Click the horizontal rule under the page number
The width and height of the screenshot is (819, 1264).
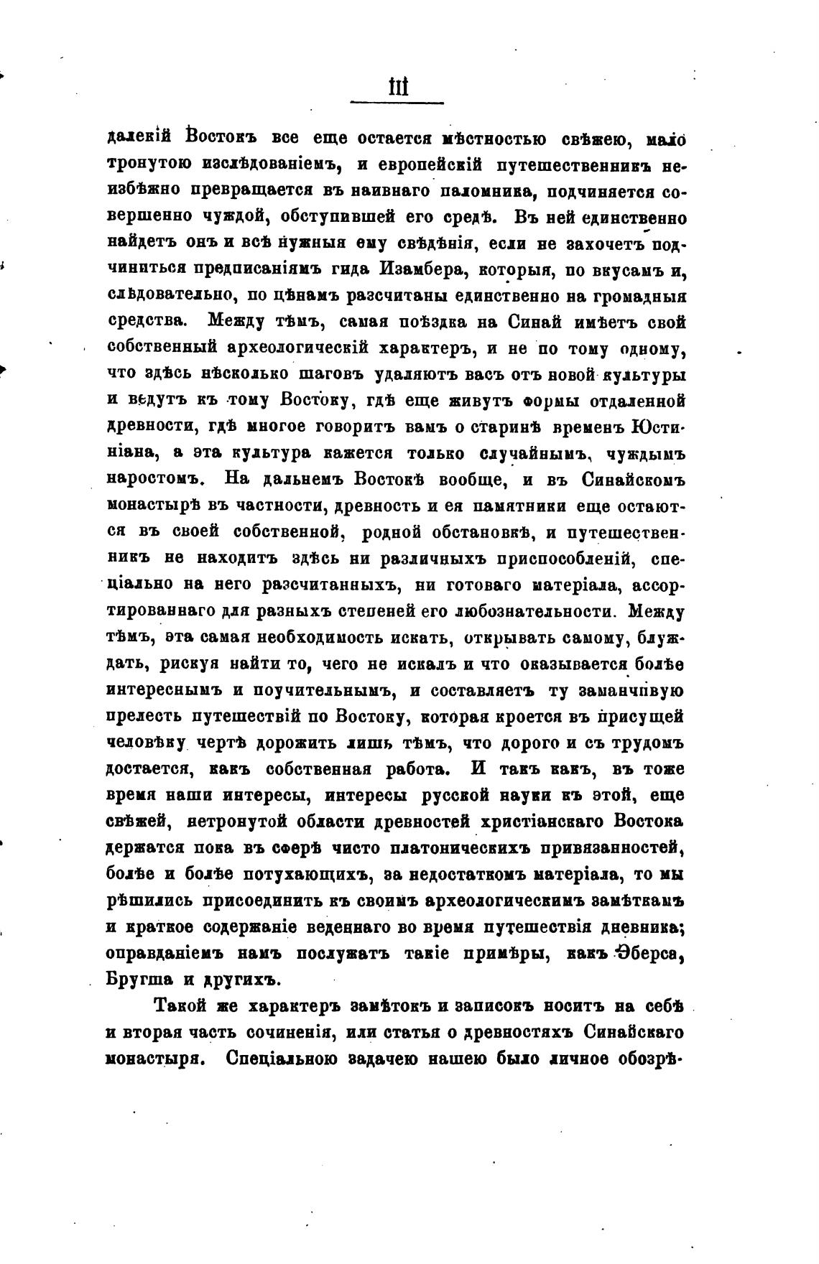pyautogui.click(x=397, y=104)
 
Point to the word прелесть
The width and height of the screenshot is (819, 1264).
pyautogui.click(x=142, y=717)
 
